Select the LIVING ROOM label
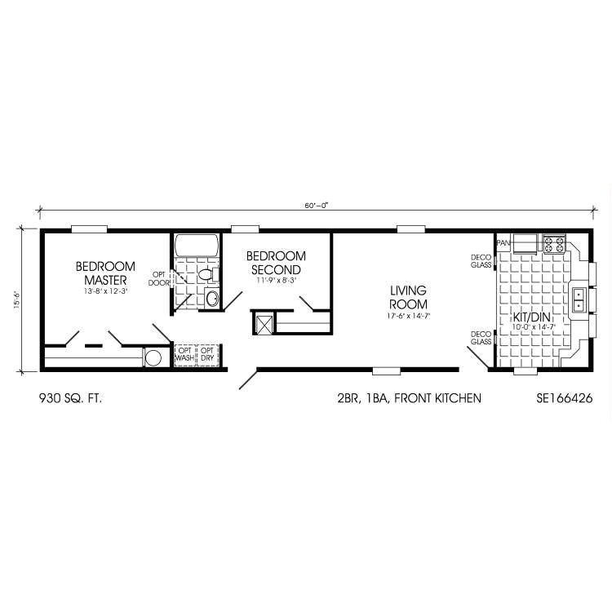pyautogui.click(x=408, y=297)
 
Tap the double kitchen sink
pyautogui.click(x=579, y=299)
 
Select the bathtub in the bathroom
pyautogui.click(x=197, y=245)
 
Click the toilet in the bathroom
pyautogui.click(x=205, y=274)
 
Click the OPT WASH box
pyautogui.click(x=185, y=355)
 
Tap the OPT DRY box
pyautogui.click(x=208, y=355)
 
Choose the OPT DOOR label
pyautogui.click(x=158, y=278)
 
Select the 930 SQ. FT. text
pyautogui.click(x=71, y=398)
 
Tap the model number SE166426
pyautogui.click(x=564, y=398)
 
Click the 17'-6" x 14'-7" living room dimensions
pyautogui.click(x=408, y=315)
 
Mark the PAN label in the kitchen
pyautogui.click(x=503, y=242)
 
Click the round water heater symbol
pyautogui.click(x=153, y=357)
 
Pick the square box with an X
pyautogui.click(x=264, y=322)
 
